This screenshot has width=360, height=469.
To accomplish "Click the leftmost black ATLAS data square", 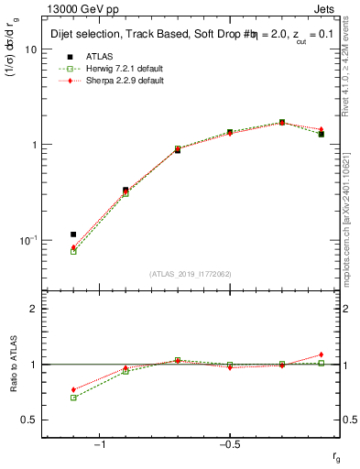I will click(x=73, y=234).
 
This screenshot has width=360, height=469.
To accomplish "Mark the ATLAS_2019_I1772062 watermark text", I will click(x=191, y=274).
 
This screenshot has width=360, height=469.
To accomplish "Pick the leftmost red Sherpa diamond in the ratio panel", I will click(x=73, y=389).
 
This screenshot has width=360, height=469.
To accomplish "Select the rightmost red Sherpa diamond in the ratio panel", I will click(x=321, y=354).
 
